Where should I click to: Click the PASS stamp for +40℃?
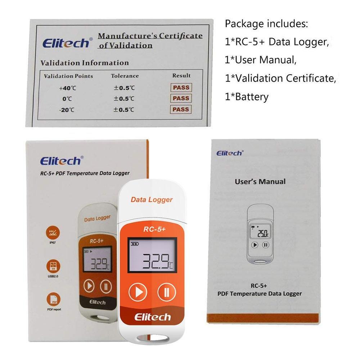pos(181,87)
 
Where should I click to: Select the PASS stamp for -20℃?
pos(181,109)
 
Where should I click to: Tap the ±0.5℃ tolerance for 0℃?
pos(124,98)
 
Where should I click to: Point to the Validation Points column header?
pos(68,76)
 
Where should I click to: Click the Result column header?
pos(181,75)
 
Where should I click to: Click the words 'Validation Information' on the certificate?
pos(84,63)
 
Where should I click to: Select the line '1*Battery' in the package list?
pos(247,97)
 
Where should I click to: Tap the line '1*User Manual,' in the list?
pos(261,60)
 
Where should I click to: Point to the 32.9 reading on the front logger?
pos(156,261)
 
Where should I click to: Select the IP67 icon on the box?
pos(53,234)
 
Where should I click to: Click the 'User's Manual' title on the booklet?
pos(260,181)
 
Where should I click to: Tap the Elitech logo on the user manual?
pos(230,153)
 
